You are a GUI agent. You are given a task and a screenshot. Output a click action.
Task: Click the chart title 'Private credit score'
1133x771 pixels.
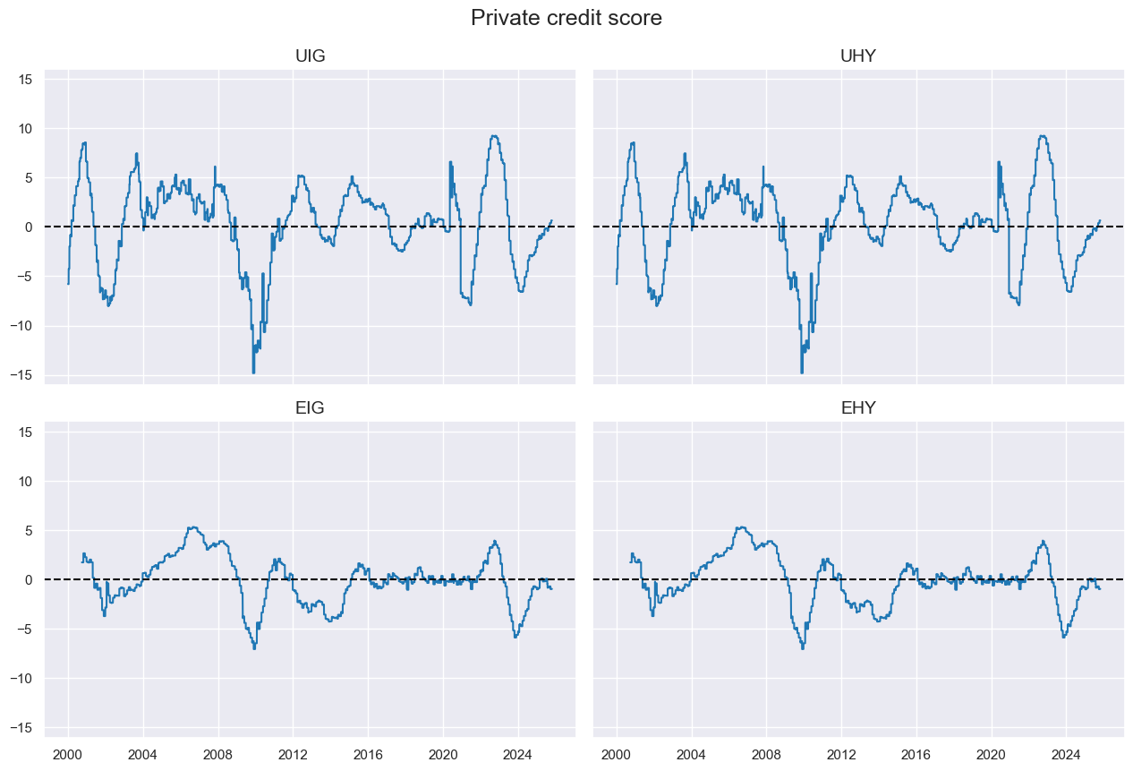[566, 18]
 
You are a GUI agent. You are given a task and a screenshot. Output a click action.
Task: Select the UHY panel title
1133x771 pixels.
[858, 56]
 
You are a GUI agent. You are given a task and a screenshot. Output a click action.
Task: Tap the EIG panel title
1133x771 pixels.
[310, 409]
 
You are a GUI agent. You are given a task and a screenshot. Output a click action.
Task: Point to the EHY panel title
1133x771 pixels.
[858, 409]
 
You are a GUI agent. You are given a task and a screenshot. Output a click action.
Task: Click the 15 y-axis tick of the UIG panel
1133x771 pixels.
[25, 80]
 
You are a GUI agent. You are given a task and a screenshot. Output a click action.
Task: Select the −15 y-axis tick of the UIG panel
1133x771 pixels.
[22, 375]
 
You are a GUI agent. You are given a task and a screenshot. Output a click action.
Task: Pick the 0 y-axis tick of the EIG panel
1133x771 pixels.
[29, 580]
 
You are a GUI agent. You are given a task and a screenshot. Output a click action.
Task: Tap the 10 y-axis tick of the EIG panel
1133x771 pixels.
[25, 482]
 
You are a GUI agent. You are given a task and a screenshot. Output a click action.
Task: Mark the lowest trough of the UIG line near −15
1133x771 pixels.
[253, 373]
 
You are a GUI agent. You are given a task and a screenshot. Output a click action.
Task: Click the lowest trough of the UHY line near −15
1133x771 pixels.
[802, 373]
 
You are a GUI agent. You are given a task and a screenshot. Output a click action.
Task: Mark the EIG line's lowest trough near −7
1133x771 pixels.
[254, 648]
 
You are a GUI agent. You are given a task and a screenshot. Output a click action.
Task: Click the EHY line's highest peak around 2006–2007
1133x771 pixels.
[741, 527]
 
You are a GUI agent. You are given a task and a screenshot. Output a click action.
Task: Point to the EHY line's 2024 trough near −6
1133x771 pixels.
[1063, 637]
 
